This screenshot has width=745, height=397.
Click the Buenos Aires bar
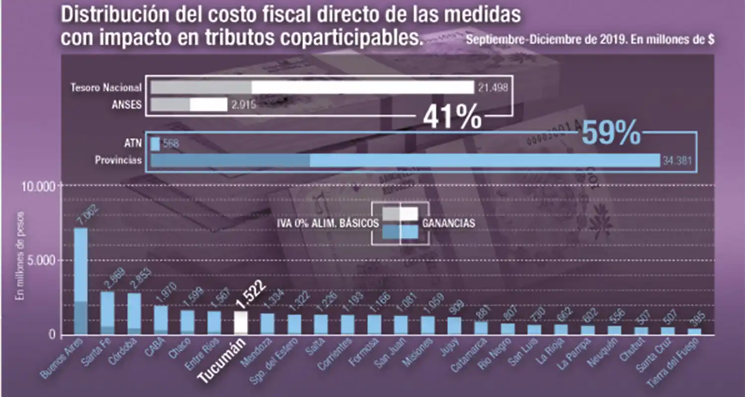(80, 281)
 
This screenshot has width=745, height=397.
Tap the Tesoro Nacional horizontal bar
(312, 87)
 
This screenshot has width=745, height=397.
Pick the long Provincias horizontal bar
(405, 160)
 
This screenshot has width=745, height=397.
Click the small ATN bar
(155, 144)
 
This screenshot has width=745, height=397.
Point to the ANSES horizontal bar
(189, 105)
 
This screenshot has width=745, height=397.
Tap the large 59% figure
(610, 133)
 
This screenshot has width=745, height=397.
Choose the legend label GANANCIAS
(448, 223)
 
